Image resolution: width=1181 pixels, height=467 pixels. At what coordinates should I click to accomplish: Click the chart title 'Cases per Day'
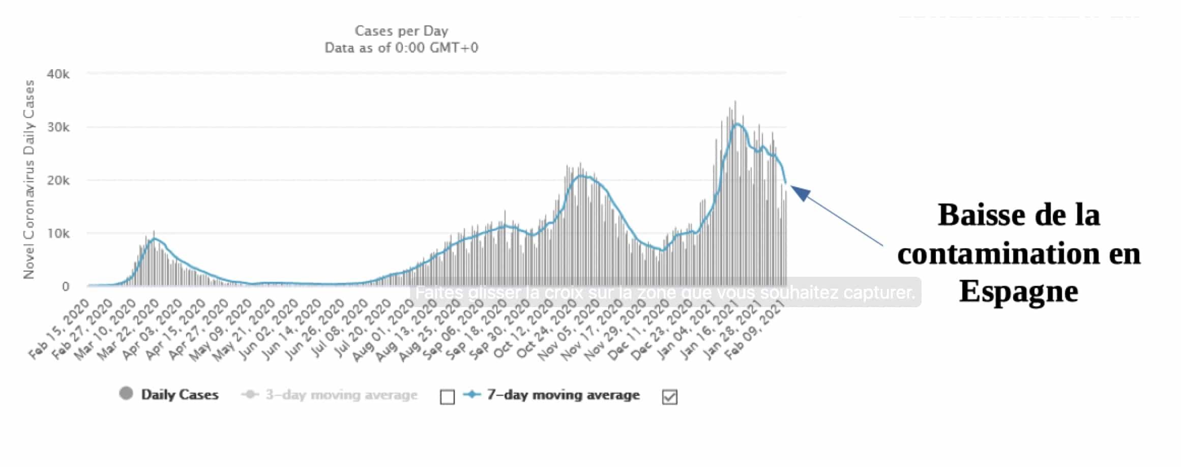(x=401, y=31)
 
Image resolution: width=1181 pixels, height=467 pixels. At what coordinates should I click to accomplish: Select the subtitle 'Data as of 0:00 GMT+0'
(x=401, y=48)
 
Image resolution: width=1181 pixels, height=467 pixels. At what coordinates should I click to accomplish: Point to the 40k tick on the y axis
(x=58, y=74)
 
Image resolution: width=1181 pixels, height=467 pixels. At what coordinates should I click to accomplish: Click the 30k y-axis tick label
(x=58, y=127)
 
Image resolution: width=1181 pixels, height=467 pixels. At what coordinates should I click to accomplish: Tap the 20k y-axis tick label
(x=58, y=181)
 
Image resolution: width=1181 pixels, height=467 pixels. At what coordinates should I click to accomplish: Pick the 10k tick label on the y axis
(x=58, y=233)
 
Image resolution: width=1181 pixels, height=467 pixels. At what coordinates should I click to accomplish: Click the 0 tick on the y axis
(x=66, y=286)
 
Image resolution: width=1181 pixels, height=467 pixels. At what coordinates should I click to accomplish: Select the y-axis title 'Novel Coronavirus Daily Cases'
(x=29, y=179)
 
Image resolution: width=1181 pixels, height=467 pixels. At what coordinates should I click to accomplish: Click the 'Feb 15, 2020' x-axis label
(x=60, y=330)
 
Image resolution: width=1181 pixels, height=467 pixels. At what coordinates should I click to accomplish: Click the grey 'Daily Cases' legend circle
(x=126, y=393)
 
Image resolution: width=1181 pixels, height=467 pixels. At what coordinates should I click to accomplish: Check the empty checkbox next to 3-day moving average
(x=447, y=397)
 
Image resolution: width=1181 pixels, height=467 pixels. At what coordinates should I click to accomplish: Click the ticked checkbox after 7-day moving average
(x=670, y=397)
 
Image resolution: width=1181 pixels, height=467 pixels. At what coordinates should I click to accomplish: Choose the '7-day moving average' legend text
(x=563, y=395)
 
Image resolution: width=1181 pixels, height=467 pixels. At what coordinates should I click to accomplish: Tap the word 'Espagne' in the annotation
(x=1019, y=291)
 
